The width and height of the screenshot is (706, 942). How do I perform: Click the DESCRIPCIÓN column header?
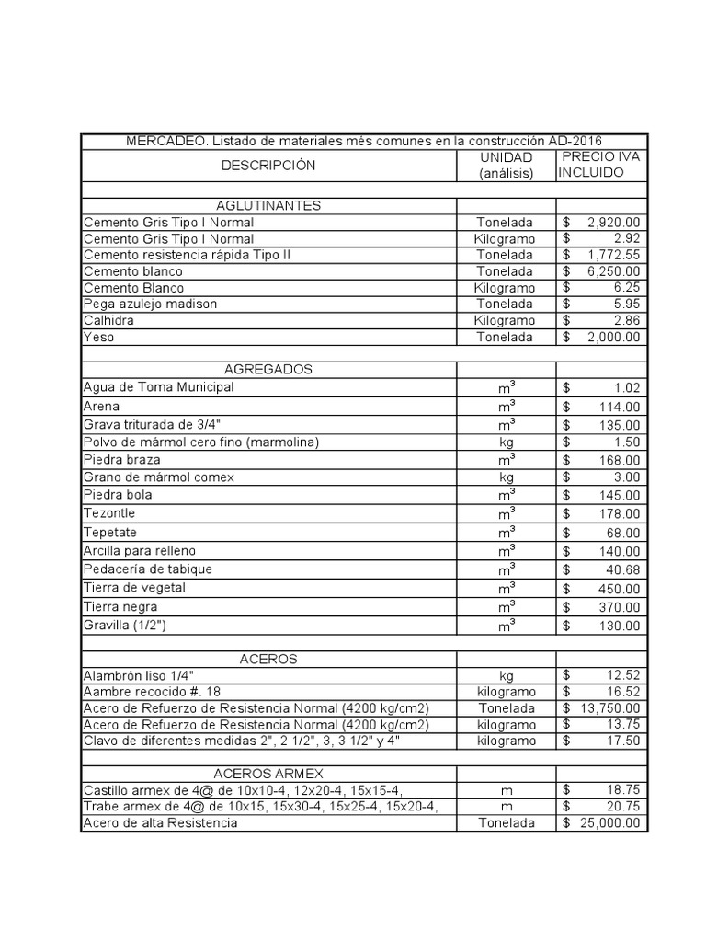(x=268, y=166)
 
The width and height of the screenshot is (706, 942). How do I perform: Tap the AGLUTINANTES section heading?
(x=268, y=205)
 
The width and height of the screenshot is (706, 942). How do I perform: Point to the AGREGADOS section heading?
(x=268, y=369)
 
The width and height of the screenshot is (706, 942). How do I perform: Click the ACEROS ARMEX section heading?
(x=268, y=774)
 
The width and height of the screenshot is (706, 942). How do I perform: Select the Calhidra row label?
(x=107, y=320)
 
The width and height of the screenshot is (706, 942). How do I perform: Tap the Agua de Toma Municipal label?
(x=158, y=387)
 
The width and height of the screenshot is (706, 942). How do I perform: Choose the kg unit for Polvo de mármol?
(x=506, y=442)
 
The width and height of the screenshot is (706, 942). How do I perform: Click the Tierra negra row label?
(x=120, y=607)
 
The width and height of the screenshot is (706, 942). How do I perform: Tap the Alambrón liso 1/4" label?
(x=138, y=675)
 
